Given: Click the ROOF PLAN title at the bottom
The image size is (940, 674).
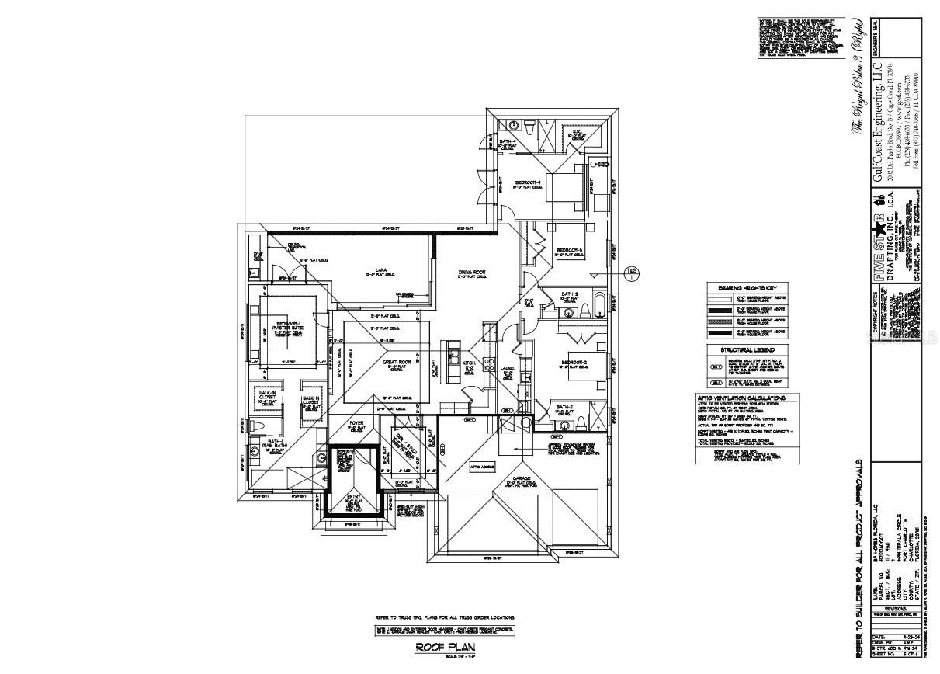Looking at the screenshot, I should pyautogui.click(x=445, y=646).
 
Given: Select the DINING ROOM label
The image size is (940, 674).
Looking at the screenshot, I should pyautogui.click(x=470, y=273).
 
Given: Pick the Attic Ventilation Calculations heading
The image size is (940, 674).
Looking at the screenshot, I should pyautogui.click(x=747, y=398).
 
